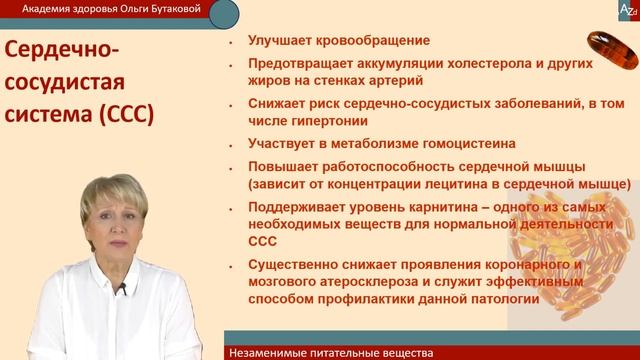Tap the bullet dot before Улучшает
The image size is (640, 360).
click(x=230, y=42)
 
